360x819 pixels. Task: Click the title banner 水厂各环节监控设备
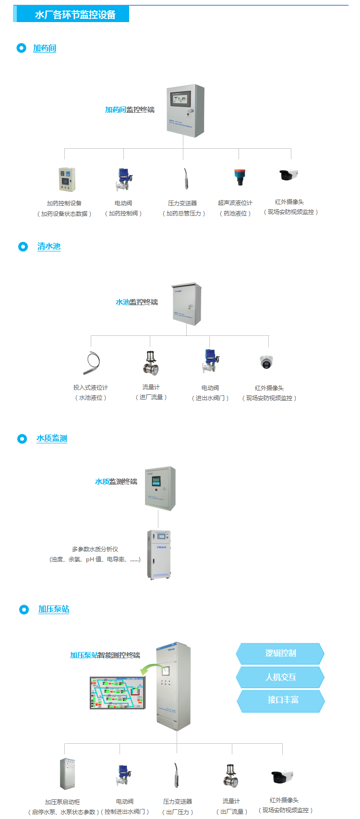click(x=75, y=15)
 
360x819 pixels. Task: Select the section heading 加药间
click(x=45, y=48)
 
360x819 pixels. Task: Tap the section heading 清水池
click(x=49, y=247)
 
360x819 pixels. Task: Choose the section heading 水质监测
click(x=52, y=439)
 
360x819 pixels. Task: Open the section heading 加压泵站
click(x=54, y=609)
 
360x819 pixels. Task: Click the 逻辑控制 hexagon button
click(x=280, y=653)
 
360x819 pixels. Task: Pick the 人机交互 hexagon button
click(x=280, y=677)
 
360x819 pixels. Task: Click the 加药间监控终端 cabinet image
click(x=185, y=111)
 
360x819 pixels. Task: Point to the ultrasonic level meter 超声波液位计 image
click(x=239, y=177)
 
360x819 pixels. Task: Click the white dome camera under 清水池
click(x=265, y=363)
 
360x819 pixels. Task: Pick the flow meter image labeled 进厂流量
click(x=151, y=363)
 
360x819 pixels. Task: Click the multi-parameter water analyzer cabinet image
click(x=159, y=554)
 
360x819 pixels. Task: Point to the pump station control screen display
click(x=117, y=693)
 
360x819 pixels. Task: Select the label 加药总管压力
click(x=183, y=214)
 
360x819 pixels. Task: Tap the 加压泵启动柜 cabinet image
click(x=67, y=774)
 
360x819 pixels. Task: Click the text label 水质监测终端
click(x=116, y=482)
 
